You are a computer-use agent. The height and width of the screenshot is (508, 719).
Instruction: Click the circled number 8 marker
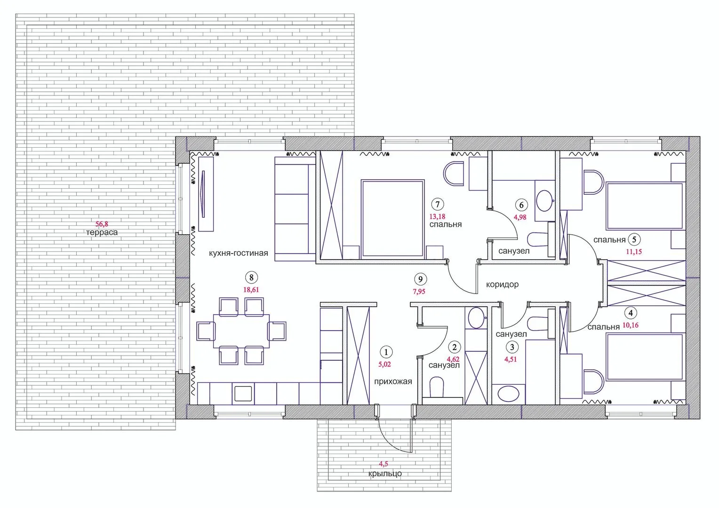(x=251, y=278)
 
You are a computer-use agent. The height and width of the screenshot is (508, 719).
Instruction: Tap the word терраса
(x=102, y=232)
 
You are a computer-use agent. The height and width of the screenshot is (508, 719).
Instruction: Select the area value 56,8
(x=102, y=224)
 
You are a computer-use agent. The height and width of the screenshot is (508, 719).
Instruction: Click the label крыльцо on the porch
(x=385, y=474)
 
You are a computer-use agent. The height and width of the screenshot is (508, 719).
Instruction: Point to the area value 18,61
(x=251, y=290)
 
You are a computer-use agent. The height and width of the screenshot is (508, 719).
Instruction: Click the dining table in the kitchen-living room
(x=241, y=331)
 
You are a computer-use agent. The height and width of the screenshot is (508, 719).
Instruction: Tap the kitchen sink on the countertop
(x=243, y=393)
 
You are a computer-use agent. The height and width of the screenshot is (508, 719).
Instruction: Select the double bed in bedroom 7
(x=392, y=219)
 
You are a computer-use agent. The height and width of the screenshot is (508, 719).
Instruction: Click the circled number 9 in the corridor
(x=421, y=279)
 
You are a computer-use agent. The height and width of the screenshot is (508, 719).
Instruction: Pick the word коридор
(x=503, y=284)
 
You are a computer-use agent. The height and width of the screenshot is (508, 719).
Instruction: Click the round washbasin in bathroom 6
(x=545, y=200)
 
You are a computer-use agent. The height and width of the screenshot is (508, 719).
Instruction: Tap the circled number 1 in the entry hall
(x=386, y=352)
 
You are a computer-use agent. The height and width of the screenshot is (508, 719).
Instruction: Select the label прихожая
(x=393, y=381)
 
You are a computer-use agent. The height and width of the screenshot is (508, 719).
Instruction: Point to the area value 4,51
(x=511, y=359)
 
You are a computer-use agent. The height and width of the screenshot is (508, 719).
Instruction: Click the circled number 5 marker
(x=634, y=239)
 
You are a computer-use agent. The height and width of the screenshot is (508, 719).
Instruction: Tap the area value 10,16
(x=631, y=325)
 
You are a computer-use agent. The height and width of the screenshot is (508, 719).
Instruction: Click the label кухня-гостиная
(x=239, y=253)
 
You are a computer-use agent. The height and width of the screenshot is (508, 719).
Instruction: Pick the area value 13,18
(x=437, y=217)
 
